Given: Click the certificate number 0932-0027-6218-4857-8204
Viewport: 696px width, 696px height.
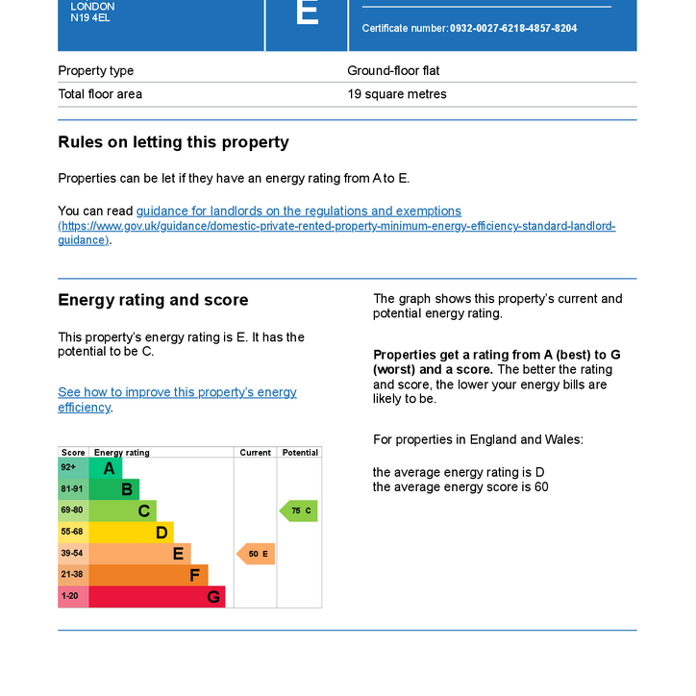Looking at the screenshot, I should tap(513, 29).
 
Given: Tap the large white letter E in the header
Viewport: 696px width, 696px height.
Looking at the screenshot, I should tap(307, 13).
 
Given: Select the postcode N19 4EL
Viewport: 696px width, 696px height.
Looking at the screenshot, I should tap(91, 18).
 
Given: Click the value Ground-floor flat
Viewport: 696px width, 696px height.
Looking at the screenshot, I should tap(393, 71).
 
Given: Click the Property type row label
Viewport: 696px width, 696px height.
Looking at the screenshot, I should tap(96, 71).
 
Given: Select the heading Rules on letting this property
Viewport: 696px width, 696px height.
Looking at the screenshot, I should tap(173, 142).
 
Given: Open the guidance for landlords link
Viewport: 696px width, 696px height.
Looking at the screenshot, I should tap(298, 211).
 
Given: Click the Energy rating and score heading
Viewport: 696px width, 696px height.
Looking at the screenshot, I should tap(153, 300).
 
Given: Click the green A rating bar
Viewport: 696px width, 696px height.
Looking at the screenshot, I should tap(106, 468).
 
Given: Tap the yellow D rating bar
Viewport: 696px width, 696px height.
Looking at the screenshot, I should tap(132, 533).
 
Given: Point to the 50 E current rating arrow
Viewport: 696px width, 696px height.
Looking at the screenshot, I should tap(257, 554).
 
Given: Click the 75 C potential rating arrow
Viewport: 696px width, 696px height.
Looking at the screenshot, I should tap(299, 510).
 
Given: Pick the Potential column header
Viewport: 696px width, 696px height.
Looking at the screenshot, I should tap(300, 453).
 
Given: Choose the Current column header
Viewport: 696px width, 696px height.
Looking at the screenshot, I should tap(256, 453).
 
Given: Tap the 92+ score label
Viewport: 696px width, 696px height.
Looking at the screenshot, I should tap(69, 468).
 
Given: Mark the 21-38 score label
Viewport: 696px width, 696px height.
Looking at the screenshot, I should tap(72, 575).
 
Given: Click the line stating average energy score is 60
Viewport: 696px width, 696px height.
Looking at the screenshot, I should tap(460, 487).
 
